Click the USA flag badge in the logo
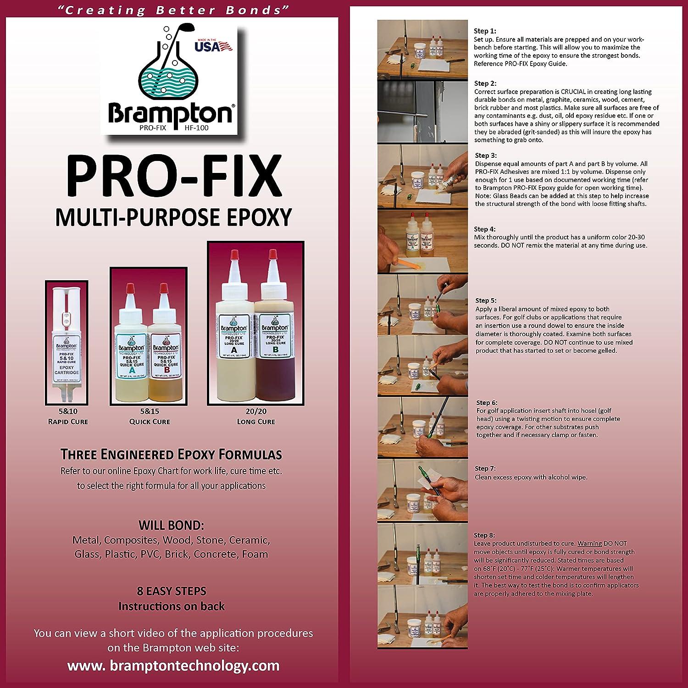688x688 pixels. point(212,46)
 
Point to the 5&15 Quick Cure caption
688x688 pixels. point(149,416)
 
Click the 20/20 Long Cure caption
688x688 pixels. point(255,416)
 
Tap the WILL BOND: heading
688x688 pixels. point(171,525)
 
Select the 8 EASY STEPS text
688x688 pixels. point(172,591)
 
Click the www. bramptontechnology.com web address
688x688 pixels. point(173,666)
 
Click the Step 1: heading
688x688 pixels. point(485,31)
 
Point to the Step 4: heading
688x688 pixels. point(485,229)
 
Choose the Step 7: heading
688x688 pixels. point(485,468)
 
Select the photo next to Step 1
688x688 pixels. point(422,49)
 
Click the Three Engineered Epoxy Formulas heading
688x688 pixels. point(171,455)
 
